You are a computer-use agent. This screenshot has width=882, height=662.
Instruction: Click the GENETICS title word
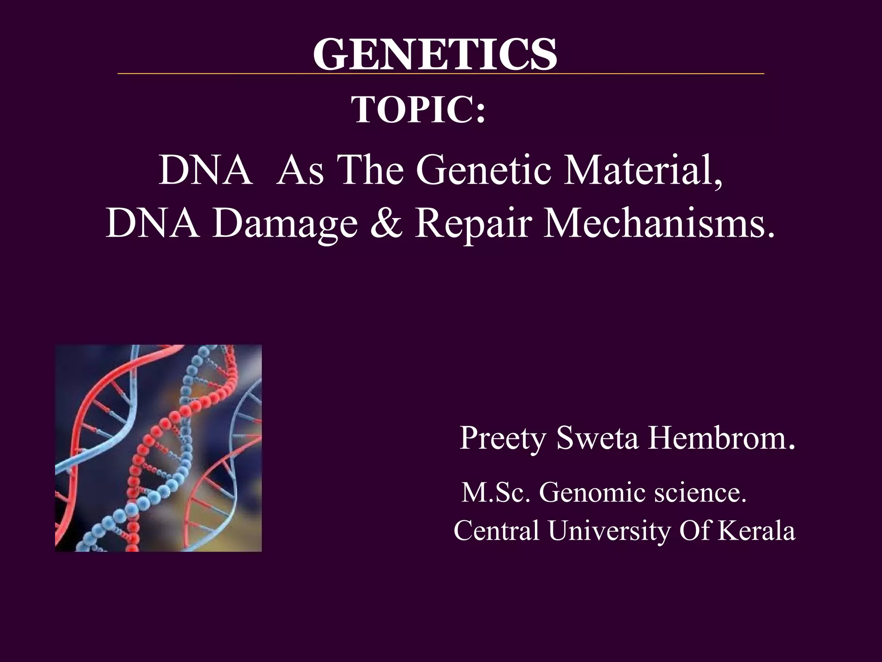[435, 54]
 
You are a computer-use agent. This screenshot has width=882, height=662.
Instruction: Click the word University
[609, 531]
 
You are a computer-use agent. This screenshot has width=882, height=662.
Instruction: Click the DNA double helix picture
[158, 448]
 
